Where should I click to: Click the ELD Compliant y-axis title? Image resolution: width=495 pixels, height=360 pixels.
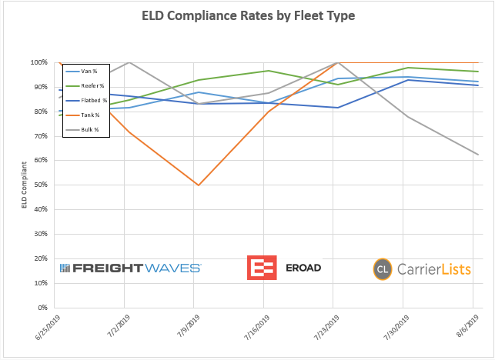point(24,185)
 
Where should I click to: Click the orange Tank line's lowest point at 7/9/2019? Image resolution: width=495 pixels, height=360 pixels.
point(199,185)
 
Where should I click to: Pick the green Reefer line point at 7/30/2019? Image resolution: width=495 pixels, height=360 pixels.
point(408,68)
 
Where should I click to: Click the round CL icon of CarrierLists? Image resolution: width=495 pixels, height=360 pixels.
point(383,269)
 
